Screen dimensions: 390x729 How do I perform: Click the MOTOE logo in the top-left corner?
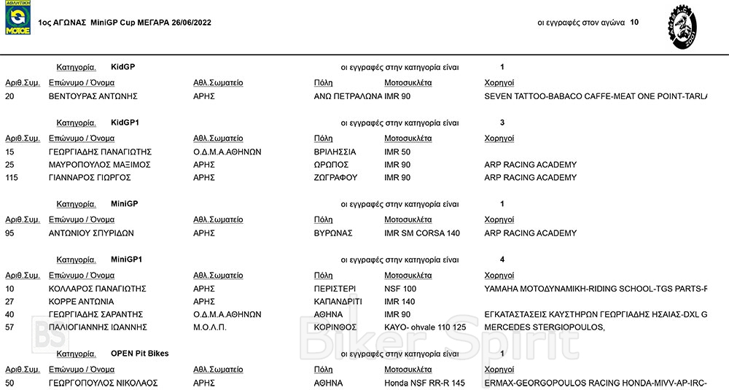click(x=17, y=17)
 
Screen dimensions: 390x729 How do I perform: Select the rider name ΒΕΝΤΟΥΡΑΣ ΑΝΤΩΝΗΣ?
click(x=93, y=96)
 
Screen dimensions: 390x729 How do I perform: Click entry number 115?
click(x=12, y=178)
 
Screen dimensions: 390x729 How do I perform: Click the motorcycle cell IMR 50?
click(x=397, y=152)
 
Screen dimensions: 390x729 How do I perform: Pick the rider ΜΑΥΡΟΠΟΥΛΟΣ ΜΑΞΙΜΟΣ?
click(x=99, y=165)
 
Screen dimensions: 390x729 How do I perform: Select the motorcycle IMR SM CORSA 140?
click(x=422, y=233)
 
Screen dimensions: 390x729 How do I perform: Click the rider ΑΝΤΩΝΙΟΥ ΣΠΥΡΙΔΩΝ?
click(x=91, y=233)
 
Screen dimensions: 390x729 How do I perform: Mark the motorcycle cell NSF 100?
click(x=399, y=289)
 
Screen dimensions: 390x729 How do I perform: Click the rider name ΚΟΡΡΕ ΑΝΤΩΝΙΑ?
click(x=81, y=302)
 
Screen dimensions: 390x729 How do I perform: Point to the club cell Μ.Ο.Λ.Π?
click(x=210, y=327)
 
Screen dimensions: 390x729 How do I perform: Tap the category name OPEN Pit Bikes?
click(x=139, y=354)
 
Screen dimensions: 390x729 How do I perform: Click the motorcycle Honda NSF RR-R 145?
click(x=424, y=383)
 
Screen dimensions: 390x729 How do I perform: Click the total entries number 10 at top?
click(x=634, y=23)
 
